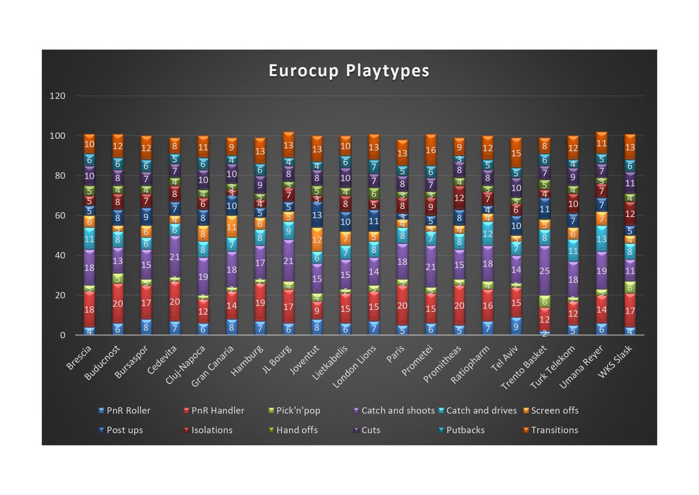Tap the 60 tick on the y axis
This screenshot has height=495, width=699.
(x=59, y=216)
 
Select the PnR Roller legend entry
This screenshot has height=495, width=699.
(x=129, y=410)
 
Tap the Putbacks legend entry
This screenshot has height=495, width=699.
(x=465, y=430)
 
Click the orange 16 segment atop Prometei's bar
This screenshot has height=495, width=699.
(x=431, y=150)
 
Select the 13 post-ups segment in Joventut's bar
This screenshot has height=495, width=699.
(x=317, y=215)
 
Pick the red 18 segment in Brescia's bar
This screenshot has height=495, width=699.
(x=89, y=310)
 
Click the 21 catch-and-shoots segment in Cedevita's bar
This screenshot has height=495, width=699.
(x=175, y=257)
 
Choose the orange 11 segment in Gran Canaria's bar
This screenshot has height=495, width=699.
(x=231, y=227)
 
